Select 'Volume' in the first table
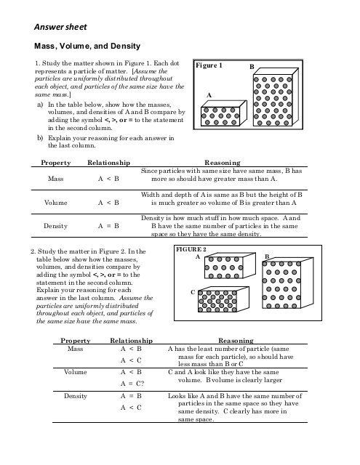tap(55, 202)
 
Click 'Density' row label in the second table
tap(76, 397)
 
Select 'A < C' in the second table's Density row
tap(130, 408)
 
